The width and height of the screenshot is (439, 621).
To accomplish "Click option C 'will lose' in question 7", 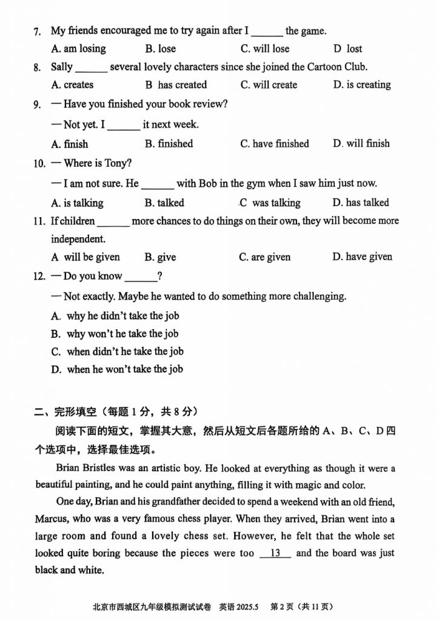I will [265, 49].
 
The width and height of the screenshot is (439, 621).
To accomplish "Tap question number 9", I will [38, 104].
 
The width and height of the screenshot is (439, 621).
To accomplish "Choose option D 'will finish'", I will [361, 144].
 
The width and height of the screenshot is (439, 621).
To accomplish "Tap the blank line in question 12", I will [141, 277].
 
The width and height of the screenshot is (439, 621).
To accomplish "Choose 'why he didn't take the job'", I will [122, 316].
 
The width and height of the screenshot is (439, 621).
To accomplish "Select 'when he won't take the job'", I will [125, 369].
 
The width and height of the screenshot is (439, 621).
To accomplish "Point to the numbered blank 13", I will [275, 553].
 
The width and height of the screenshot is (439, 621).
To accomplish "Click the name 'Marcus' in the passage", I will [52, 519].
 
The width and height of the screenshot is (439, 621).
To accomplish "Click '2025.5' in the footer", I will [247, 606].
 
